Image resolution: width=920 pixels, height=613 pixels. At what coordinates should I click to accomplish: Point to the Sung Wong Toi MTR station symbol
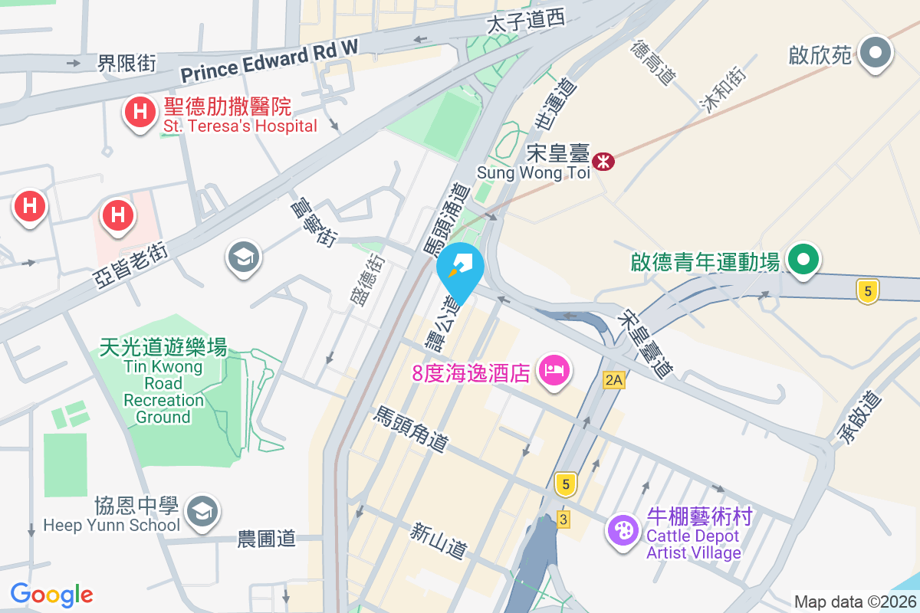(604, 161)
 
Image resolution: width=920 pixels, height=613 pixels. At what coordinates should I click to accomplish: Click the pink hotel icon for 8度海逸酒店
(554, 371)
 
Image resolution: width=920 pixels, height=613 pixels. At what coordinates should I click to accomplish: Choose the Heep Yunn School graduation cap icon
(202, 510)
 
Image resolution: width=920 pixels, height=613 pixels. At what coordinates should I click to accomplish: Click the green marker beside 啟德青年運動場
(803, 259)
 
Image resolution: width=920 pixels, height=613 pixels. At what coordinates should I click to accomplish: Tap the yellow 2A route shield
(614, 379)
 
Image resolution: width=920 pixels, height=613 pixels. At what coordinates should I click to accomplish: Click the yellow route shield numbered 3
(564, 520)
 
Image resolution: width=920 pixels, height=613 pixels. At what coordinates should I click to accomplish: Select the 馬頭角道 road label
(410, 429)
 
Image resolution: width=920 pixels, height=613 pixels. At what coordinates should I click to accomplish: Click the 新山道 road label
(439, 539)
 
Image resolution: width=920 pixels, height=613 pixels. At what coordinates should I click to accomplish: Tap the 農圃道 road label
(266, 539)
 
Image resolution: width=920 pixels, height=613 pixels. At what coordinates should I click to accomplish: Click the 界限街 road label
(127, 63)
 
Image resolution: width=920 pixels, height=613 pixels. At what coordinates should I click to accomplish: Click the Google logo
(51, 594)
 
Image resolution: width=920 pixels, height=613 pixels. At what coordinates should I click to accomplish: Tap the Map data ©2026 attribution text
(855, 602)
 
